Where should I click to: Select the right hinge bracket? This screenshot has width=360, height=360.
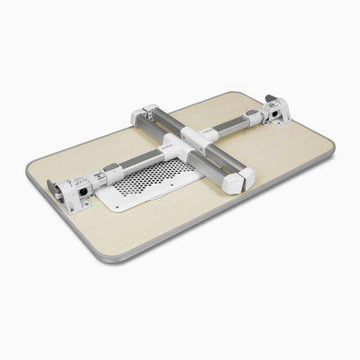click(276, 112)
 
